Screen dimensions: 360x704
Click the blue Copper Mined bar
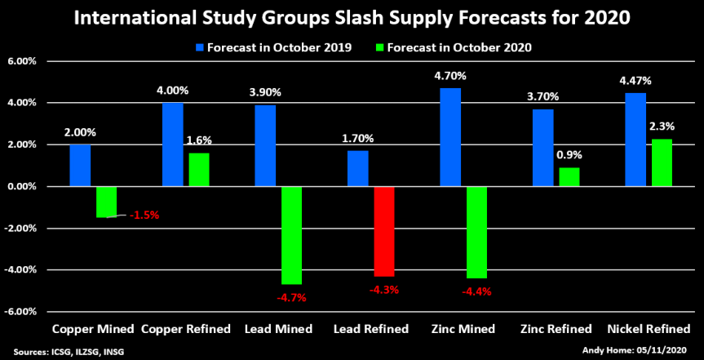(80, 166)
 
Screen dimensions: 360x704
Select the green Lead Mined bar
(290, 235)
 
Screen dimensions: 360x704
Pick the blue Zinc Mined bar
(450, 137)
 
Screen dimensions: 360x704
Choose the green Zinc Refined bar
(569, 177)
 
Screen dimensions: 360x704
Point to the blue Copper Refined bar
(172, 144)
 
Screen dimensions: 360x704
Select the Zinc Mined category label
(463, 329)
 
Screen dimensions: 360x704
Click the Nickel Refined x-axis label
(649, 329)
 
